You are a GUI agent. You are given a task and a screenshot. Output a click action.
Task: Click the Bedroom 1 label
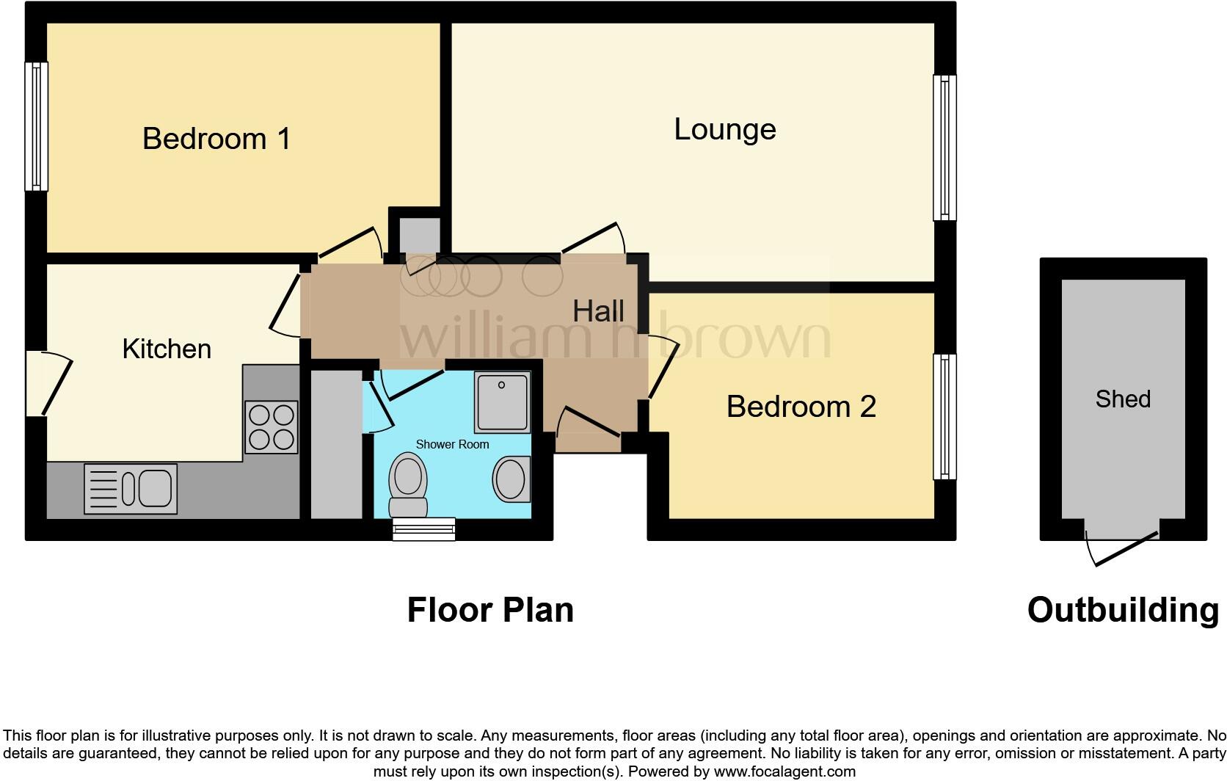216,139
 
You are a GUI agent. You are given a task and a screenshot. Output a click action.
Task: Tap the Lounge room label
724,129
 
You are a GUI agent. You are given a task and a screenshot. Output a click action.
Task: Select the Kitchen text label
167,349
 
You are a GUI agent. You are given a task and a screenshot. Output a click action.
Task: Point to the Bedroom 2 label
801,407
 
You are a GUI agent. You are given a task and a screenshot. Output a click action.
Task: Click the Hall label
598,311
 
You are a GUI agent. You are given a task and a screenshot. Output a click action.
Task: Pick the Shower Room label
452,444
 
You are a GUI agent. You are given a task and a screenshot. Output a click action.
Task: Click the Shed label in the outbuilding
1122,399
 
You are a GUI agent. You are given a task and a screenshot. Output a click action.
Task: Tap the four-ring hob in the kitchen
272,427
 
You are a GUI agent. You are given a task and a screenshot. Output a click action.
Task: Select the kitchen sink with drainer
131,489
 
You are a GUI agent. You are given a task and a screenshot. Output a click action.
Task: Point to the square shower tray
502,402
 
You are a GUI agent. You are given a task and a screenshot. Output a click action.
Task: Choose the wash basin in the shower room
511,479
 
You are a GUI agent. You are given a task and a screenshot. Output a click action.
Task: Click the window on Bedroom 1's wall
36,126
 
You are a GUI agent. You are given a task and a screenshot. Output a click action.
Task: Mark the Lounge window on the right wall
944,148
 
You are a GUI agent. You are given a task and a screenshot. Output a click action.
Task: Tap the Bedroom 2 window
944,416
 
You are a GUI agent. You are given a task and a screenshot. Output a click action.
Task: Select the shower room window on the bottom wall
423,528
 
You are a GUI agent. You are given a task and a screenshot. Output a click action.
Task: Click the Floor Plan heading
490,610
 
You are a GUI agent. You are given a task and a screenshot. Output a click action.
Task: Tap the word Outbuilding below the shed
1122,610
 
